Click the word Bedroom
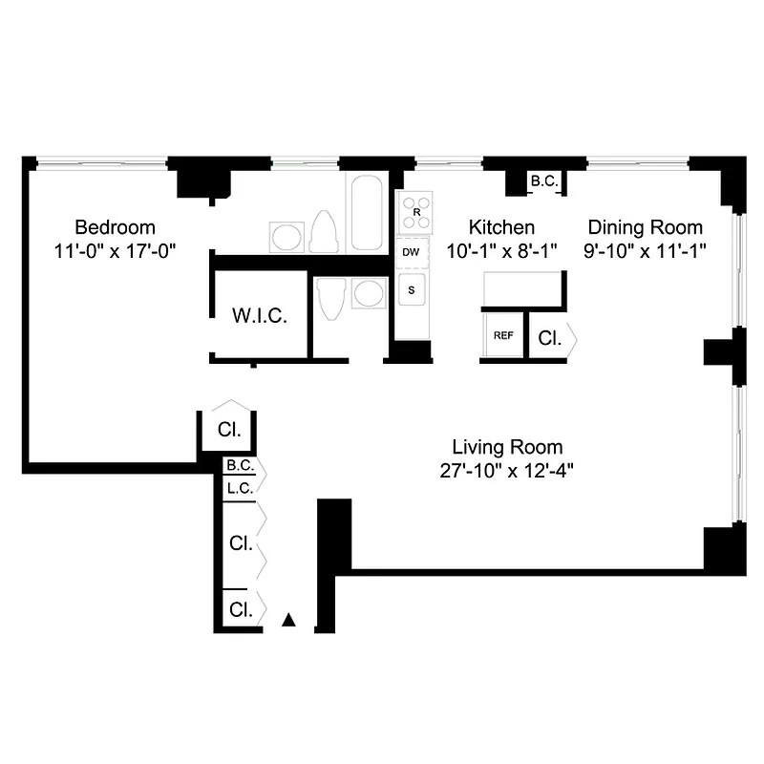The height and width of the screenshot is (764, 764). [115, 227]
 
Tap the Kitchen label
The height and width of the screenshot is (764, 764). [500, 227]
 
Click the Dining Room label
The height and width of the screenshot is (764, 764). [645, 227]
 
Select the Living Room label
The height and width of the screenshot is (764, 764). [507, 447]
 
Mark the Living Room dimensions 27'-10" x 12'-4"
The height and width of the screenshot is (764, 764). [506, 470]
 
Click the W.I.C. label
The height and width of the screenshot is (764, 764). [260, 316]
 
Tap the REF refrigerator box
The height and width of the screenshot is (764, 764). [502, 335]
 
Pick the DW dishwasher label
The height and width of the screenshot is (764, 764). [412, 252]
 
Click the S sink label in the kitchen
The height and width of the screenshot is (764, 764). [412, 289]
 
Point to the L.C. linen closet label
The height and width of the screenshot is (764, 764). [239, 488]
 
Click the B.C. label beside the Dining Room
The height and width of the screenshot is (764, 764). [544, 180]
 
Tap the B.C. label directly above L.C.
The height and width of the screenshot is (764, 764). [239, 467]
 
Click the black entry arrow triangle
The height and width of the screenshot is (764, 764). [289, 621]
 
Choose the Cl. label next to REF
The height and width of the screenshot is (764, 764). [549, 337]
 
